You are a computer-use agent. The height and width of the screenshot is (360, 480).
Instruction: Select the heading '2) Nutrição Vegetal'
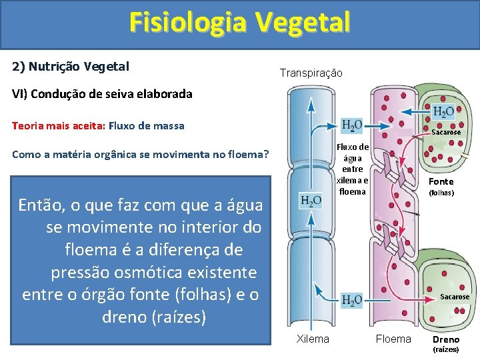71,67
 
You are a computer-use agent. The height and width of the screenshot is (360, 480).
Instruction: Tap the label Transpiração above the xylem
311,73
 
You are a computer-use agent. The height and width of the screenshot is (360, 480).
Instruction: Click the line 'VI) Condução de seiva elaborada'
102,94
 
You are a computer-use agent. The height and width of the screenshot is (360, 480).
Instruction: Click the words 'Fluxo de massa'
147,125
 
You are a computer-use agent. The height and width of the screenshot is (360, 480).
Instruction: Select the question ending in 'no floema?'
141,155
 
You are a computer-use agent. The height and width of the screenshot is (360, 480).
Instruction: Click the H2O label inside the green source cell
443,112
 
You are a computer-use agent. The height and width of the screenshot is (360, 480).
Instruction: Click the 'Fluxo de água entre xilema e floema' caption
352,169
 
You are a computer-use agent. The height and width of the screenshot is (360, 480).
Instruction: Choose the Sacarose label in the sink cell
454,297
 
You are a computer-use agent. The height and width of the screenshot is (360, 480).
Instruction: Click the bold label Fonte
441,181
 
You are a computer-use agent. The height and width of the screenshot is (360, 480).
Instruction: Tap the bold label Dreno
446,339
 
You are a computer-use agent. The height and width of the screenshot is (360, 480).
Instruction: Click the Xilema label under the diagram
312,339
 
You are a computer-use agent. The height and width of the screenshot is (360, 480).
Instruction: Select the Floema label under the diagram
393,339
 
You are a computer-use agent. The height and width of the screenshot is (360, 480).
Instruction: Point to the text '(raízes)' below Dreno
446,349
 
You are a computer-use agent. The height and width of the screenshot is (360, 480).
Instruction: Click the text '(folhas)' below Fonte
441,193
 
